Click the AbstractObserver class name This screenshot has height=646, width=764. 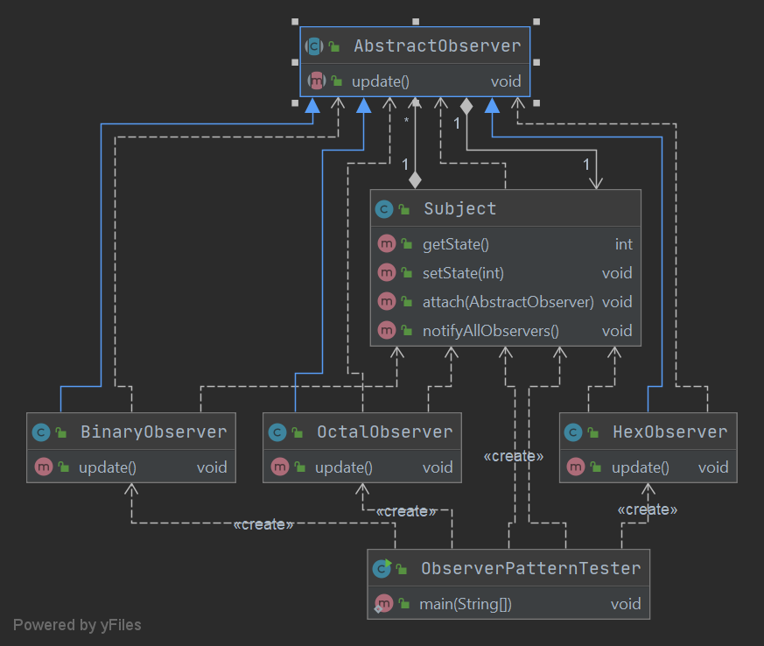click(437, 46)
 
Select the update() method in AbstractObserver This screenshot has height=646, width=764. click(380, 81)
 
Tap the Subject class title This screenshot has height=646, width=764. click(459, 208)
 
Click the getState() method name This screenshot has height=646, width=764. click(455, 244)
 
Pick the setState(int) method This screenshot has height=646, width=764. click(463, 273)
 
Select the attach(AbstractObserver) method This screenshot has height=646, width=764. click(508, 302)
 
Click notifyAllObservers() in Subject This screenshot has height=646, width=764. click(490, 331)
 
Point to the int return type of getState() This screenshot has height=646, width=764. click(623, 244)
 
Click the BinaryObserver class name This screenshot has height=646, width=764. click(153, 432)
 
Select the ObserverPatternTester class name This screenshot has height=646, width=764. click(530, 568)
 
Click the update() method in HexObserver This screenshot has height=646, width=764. click(640, 467)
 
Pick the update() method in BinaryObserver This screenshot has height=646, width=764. click(107, 467)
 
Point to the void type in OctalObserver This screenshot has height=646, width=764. click(438, 467)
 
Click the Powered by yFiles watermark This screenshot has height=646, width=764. click(77, 625)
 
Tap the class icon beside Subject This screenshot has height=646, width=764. click(383, 209)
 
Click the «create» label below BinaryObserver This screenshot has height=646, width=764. click(263, 524)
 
